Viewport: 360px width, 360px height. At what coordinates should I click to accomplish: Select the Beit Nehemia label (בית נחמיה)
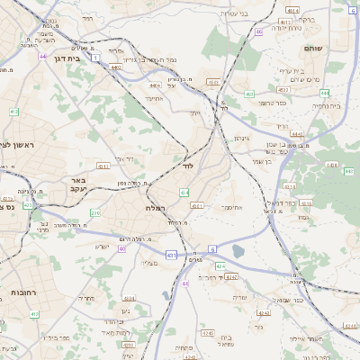pyautogui.click(x=326, y=105)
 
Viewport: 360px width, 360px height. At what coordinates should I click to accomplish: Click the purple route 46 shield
pyautogui.click(x=258, y=31)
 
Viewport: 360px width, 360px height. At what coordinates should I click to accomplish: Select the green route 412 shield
pyautogui.click(x=13, y=112)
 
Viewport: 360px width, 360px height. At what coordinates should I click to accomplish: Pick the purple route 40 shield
pyautogui.click(x=121, y=248)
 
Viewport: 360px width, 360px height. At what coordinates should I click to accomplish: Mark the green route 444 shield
pyautogui.click(x=324, y=93)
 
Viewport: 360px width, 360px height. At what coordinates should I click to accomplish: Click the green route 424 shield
pyautogui.click(x=220, y=266)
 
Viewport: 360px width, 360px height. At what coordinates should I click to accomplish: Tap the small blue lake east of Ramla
pyautogui.click(x=238, y=251)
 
